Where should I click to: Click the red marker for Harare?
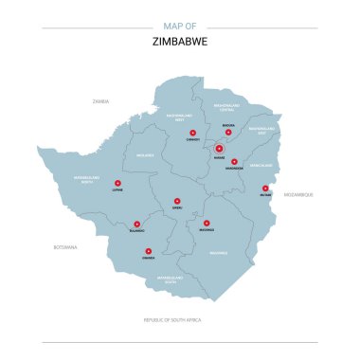pyautogui.click(x=219, y=148)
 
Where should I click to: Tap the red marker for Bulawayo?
pyautogui.click(x=136, y=223)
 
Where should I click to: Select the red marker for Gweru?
pyautogui.click(x=177, y=200)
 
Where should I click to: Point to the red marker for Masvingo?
pyautogui.click(x=207, y=223)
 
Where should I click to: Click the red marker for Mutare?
pyautogui.click(x=265, y=188)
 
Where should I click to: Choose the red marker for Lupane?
pyautogui.click(x=117, y=183)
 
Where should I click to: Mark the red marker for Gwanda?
pyautogui.click(x=148, y=250)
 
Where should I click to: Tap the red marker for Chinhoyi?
pyautogui.click(x=192, y=133)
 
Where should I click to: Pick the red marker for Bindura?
pyautogui.click(x=228, y=132)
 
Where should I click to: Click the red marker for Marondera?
pyautogui.click(x=234, y=161)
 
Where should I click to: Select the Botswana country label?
pyautogui.click(x=65, y=246)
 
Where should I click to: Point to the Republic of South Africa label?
pyautogui.click(x=179, y=320)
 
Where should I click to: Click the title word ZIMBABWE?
pyautogui.click(x=180, y=43)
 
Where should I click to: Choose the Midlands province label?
pyautogui.click(x=145, y=155)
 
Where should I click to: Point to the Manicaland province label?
pyautogui.click(x=261, y=165)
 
